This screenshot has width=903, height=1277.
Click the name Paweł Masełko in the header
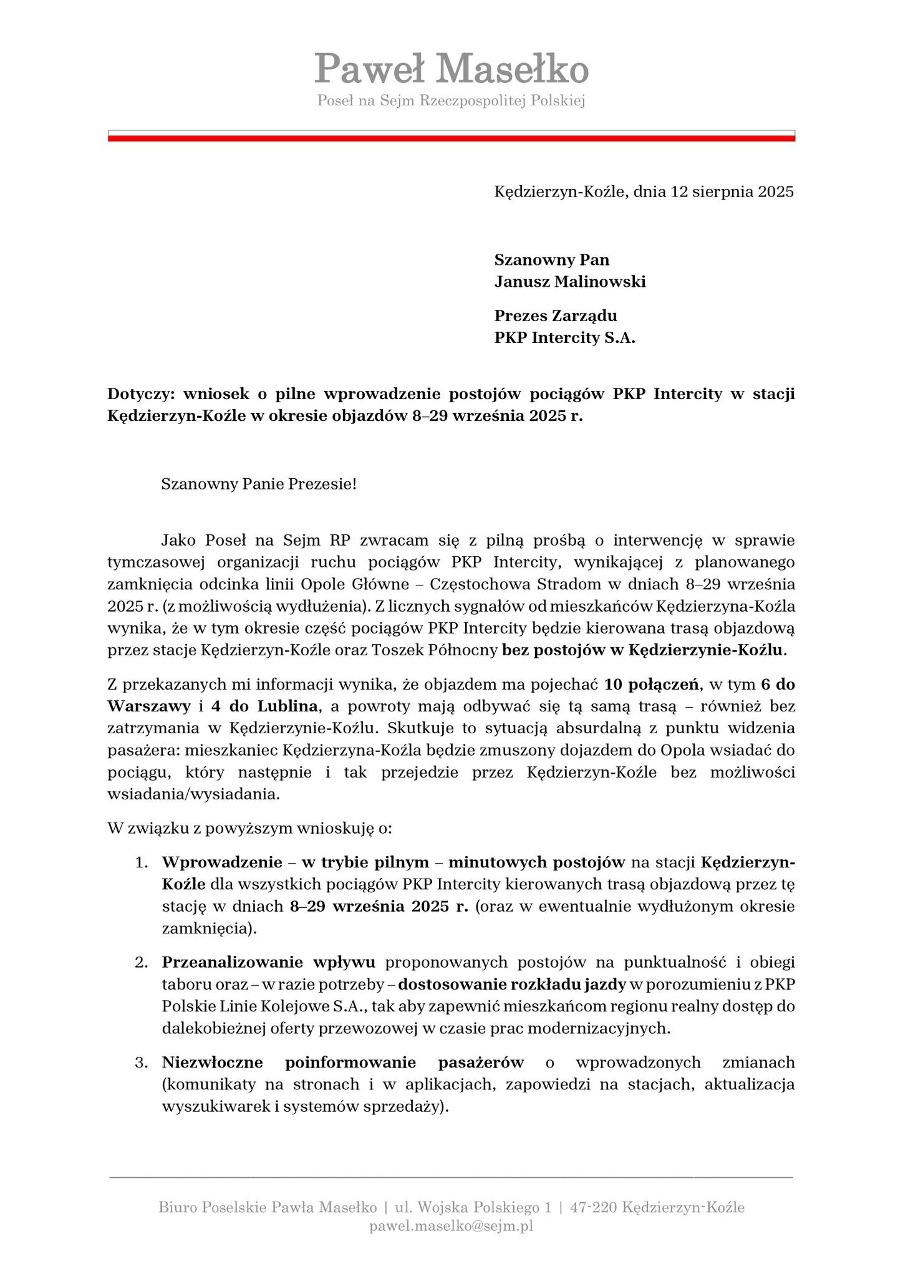[x=451, y=69]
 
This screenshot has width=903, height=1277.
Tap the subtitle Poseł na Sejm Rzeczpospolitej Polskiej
[x=451, y=100]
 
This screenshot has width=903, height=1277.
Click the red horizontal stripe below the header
[x=451, y=138]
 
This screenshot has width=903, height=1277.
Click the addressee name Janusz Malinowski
[x=570, y=282]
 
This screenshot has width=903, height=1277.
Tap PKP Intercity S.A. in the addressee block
[x=564, y=339]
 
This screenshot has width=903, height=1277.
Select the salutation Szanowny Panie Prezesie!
[x=259, y=484]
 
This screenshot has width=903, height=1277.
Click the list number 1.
[x=142, y=862]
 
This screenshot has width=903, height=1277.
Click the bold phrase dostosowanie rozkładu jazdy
[x=512, y=985]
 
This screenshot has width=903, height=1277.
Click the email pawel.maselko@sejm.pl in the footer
[x=451, y=1226]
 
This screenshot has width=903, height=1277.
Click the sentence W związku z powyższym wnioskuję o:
[x=249, y=829]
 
